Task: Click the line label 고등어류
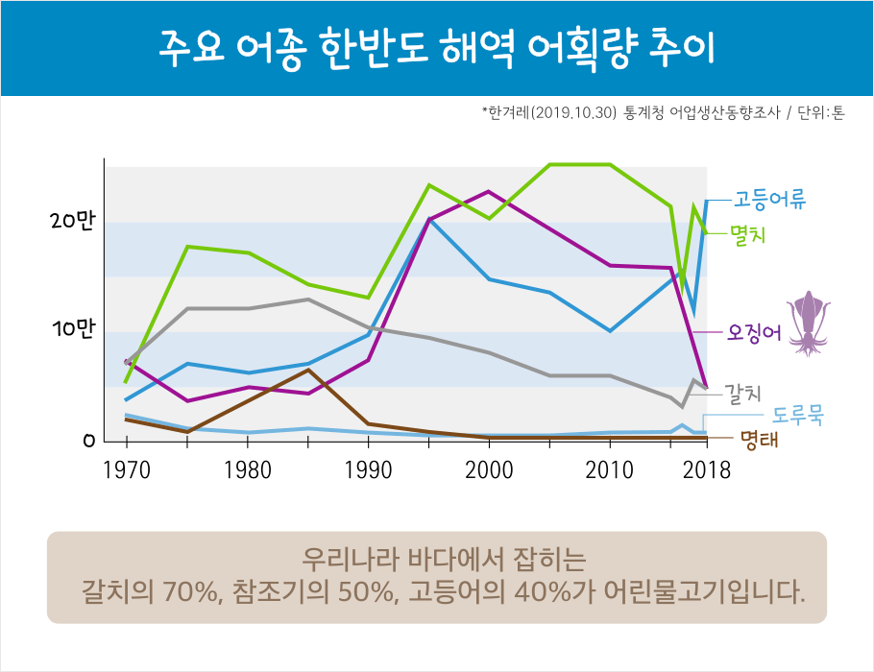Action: coord(769,201)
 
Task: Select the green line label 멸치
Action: coord(747,232)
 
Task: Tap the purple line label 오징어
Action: coord(755,332)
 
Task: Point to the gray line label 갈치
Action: coord(742,393)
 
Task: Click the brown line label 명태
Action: coord(758,441)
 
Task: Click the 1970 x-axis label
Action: coord(126,471)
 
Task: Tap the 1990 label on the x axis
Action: coord(368,471)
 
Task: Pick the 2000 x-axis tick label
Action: coord(489,471)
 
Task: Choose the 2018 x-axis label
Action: coord(708,471)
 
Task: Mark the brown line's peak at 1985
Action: coord(308,370)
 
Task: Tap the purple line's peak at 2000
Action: coord(489,191)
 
